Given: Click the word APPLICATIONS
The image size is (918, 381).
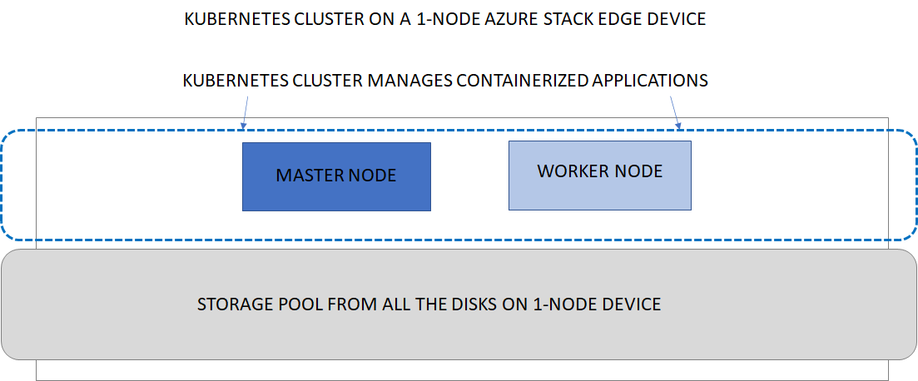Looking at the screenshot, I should pyautogui.click(x=649, y=81).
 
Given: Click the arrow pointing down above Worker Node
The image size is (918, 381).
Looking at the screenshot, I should pyautogui.click(x=677, y=112).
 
